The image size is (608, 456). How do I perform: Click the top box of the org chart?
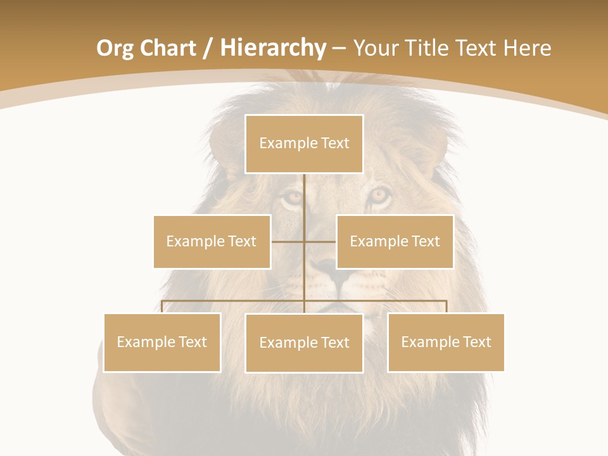pyautogui.click(x=304, y=144)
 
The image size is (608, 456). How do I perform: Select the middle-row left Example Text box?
pyautogui.click(x=212, y=241)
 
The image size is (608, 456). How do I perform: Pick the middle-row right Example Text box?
pyautogui.click(x=395, y=241)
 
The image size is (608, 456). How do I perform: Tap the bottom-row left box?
pyautogui.click(x=162, y=342)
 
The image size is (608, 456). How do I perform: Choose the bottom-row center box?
pyautogui.click(x=304, y=343)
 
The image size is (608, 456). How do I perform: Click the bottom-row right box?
pyautogui.click(x=446, y=342)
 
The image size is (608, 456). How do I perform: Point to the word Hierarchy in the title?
pyautogui.click(x=272, y=48)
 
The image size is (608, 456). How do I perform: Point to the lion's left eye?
pyautogui.click(x=293, y=198)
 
